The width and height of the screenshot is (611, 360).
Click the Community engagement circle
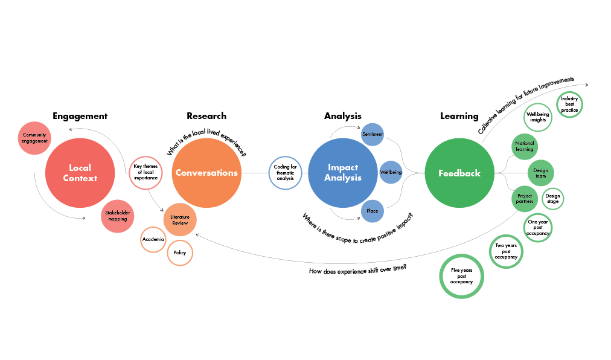34,138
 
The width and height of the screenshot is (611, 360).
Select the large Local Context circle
80,173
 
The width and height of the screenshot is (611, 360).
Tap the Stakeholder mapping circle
118,216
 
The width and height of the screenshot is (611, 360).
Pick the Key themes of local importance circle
145,173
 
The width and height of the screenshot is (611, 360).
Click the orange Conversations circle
206,173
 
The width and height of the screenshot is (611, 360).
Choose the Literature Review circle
180,219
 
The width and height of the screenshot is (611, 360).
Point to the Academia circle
153,240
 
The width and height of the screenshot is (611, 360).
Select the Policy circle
180,252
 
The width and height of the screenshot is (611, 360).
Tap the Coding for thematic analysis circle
285,173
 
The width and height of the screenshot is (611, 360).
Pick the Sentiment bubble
373,134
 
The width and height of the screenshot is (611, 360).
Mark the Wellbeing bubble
391,173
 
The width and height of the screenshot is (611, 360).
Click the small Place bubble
373,211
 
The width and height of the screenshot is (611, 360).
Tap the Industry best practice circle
569,104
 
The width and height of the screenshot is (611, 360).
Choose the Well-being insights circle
538,117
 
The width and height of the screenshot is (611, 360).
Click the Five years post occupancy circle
462,275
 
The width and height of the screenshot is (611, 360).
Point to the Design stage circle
552,199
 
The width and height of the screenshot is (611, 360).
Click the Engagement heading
80,116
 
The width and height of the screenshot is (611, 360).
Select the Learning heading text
459,116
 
